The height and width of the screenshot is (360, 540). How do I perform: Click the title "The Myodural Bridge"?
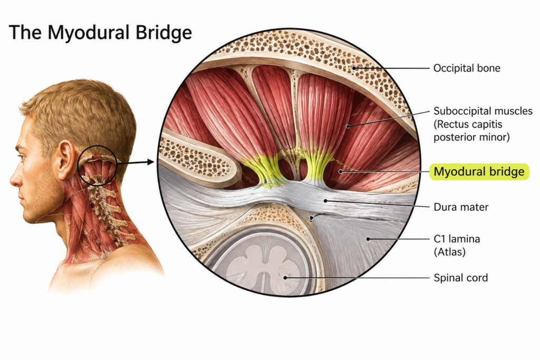click(100, 33)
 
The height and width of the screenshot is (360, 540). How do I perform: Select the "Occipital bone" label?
click(467, 68)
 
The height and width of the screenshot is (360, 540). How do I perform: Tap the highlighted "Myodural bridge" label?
click(479, 171)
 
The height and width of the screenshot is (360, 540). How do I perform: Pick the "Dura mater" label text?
click(461, 207)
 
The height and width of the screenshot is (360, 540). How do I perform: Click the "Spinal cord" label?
click(461, 278)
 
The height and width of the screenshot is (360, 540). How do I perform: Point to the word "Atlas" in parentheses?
click(449, 252)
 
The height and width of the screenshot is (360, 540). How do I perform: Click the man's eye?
click(22, 157)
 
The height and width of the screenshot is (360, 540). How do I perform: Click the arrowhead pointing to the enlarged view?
click(150, 162)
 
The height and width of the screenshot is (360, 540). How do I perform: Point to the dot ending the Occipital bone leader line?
click(354, 68)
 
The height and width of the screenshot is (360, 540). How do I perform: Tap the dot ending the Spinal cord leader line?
click(285, 277)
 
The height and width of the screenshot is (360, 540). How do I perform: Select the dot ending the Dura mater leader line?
click(325, 201)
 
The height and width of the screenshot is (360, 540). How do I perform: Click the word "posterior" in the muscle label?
click(454, 138)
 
